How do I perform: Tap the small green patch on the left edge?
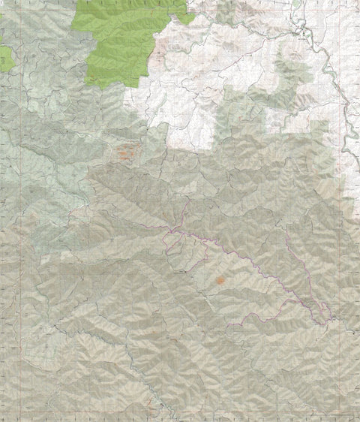pos(5,56)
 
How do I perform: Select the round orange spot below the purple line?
pos(220,280)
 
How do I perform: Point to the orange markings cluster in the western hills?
pos(125,154)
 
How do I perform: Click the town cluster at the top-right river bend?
pos(301,30)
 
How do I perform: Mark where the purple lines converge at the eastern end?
pos(325,321)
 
